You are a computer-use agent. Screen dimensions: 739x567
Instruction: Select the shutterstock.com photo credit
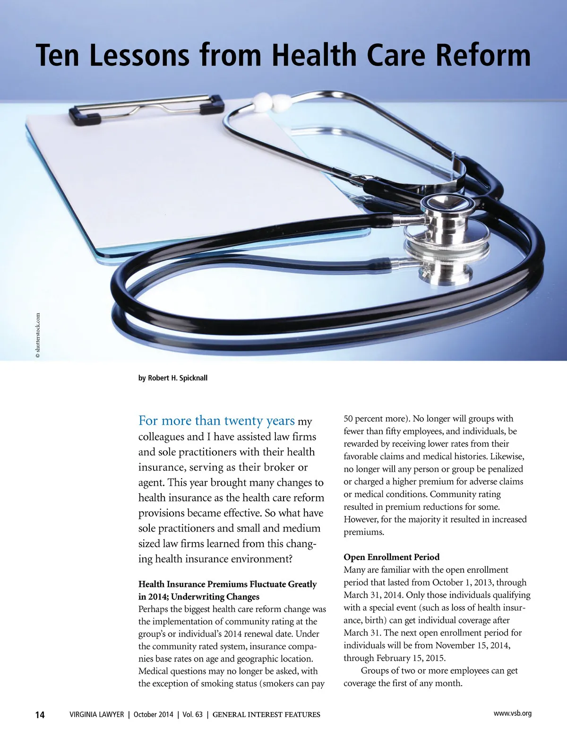point(38,335)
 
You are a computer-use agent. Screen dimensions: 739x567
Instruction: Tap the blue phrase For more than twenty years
point(216,421)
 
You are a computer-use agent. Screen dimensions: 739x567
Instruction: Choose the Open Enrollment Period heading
point(391,557)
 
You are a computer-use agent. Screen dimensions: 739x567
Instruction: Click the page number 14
point(40,715)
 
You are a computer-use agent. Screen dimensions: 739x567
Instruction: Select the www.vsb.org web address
point(512,713)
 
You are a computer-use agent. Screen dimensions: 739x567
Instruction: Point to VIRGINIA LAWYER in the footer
point(97,714)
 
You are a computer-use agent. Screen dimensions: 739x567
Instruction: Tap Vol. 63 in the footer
point(192,714)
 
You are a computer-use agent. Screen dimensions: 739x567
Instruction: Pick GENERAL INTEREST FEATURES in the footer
point(266,714)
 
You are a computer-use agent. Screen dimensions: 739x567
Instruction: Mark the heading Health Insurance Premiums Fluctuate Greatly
point(227,584)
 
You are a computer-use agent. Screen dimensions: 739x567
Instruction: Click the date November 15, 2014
point(472,645)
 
